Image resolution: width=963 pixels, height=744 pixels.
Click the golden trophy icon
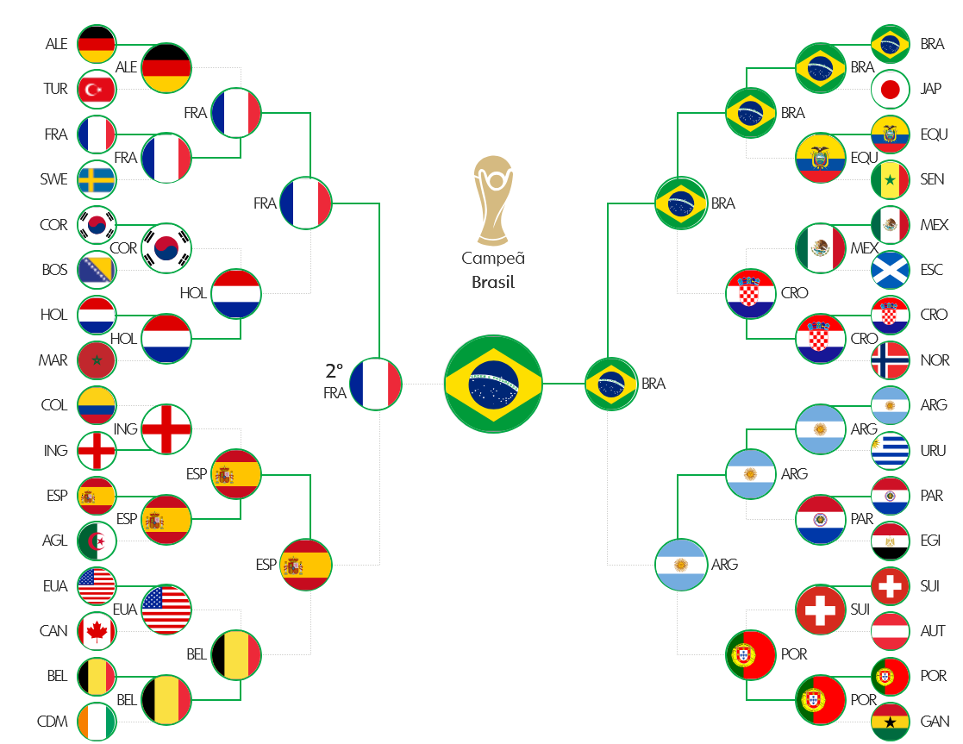(493, 197)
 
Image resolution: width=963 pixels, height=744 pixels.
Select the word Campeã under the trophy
(493, 258)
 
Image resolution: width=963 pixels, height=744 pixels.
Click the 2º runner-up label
(335, 371)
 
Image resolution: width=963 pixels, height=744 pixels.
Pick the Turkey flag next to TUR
(97, 89)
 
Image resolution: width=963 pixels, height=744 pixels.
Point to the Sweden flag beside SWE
(97, 179)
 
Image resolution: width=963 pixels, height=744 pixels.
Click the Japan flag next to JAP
(891, 89)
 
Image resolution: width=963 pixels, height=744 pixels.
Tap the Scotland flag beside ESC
(891, 270)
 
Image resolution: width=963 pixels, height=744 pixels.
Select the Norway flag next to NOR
(891, 360)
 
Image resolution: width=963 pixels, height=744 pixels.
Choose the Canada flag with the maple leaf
(97, 631)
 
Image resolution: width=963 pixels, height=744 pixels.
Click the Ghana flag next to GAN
(891, 722)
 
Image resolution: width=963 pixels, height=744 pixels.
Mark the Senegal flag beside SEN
(891, 179)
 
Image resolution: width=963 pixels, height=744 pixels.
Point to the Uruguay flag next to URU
(891, 451)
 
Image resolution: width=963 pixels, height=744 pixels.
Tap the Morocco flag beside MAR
(97, 360)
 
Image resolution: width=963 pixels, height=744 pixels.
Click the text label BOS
(54, 270)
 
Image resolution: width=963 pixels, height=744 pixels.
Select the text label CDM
(53, 722)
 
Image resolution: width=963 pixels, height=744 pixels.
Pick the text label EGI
(930, 541)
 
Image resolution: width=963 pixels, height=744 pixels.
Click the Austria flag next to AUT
(891, 631)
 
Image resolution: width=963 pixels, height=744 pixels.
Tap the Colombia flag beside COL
(97, 405)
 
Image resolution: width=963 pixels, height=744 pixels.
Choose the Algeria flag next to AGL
(97, 541)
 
